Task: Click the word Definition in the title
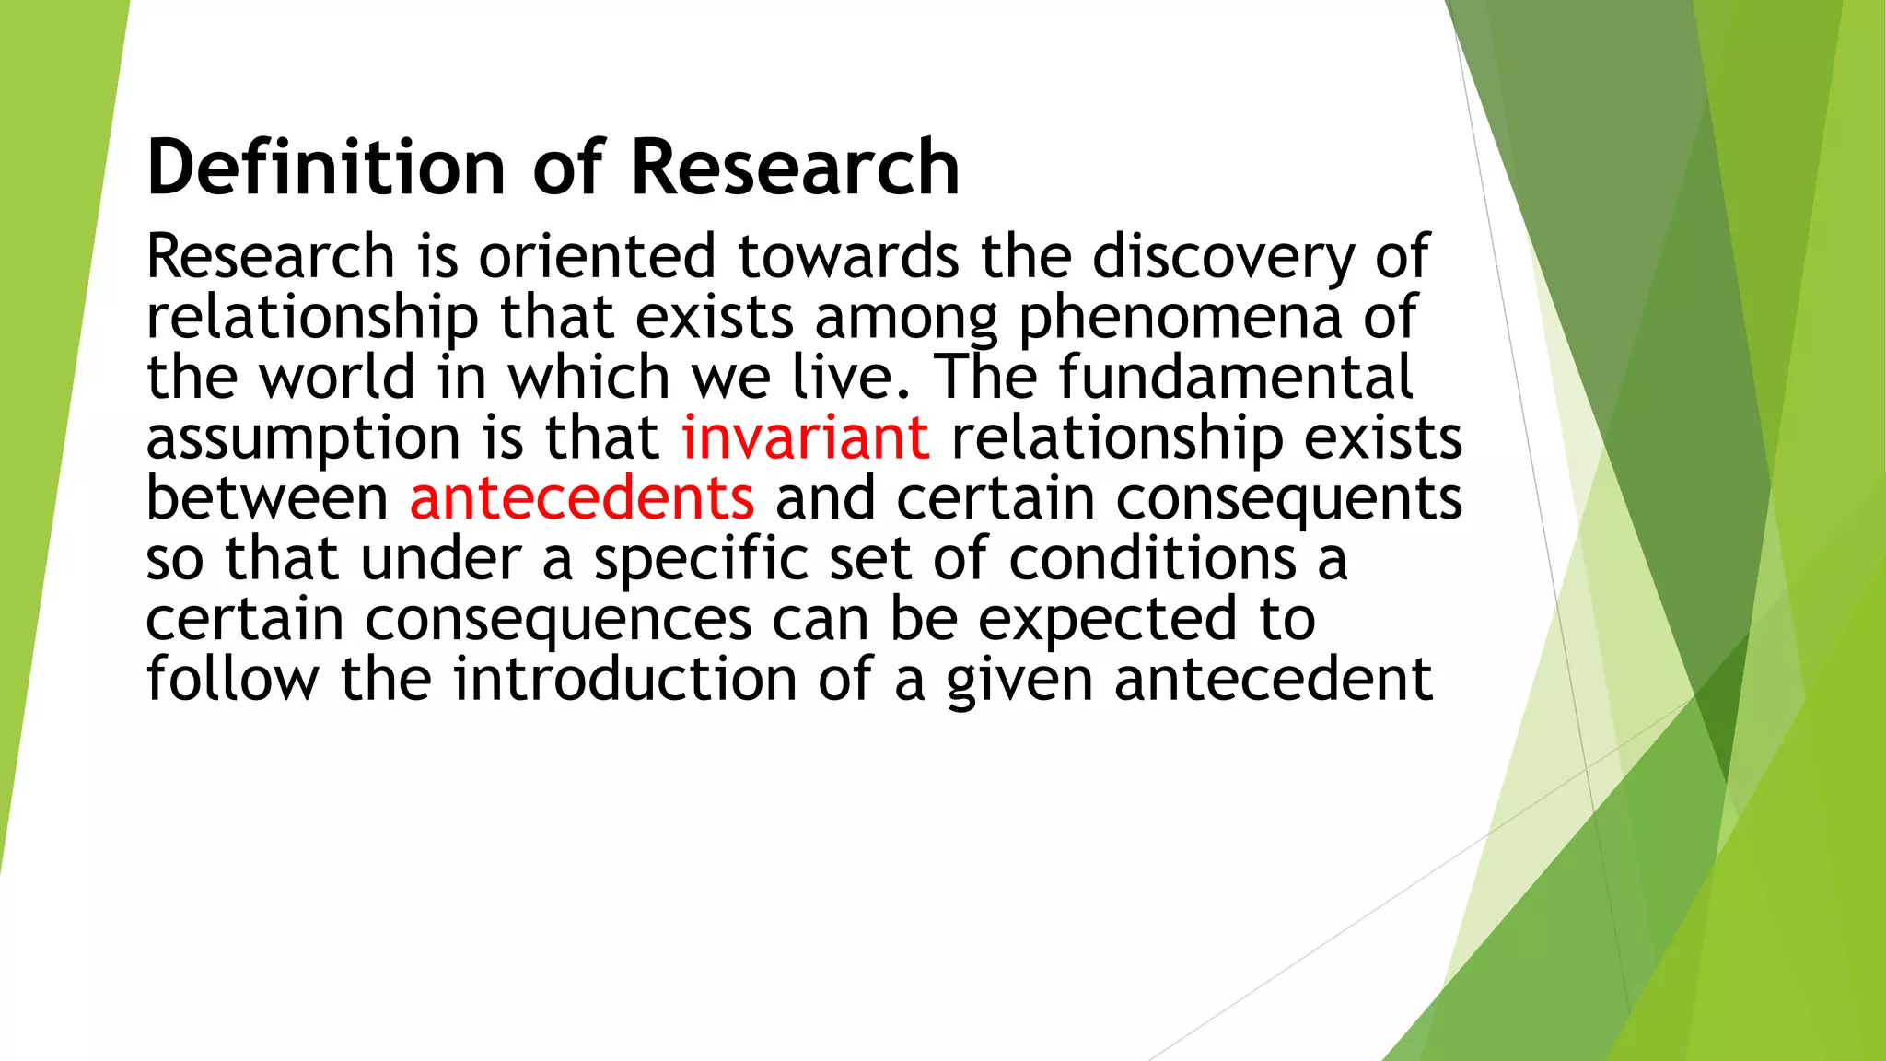(327, 168)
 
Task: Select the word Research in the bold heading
(796, 168)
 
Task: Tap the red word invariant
(805, 437)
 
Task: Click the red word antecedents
(582, 498)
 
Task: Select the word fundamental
(1236, 377)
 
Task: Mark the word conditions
(1153, 559)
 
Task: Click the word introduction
(625, 680)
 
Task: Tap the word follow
(233, 680)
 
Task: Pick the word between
(267, 498)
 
